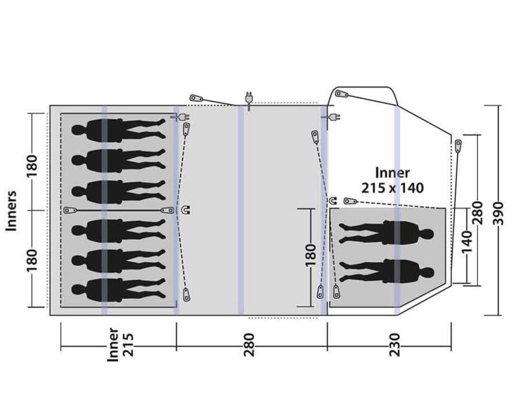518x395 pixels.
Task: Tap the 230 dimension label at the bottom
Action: (x=394, y=345)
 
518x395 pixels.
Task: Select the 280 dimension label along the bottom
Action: (x=249, y=345)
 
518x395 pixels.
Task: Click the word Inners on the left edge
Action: (x=11, y=210)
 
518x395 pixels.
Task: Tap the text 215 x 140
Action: (x=392, y=188)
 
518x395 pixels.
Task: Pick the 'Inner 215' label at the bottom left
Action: (x=120, y=345)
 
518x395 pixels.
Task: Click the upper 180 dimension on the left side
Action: (x=32, y=166)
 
